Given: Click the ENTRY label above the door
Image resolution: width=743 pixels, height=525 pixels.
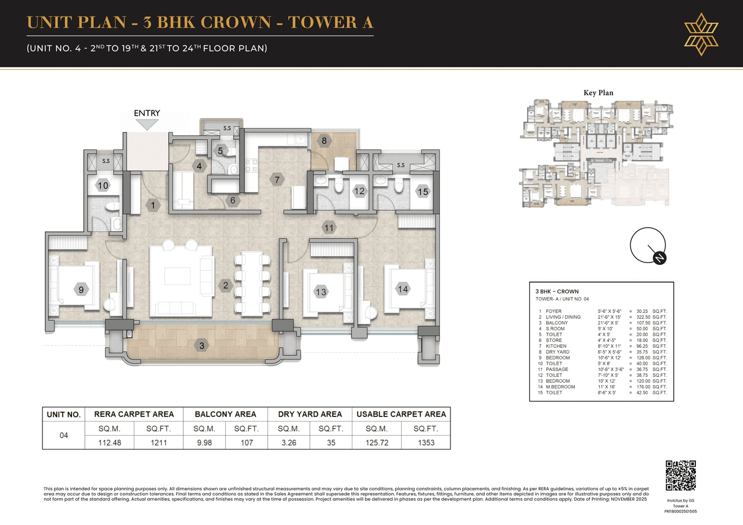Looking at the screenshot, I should pos(147,113).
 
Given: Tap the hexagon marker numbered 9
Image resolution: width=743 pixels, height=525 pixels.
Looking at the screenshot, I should pos(82,289).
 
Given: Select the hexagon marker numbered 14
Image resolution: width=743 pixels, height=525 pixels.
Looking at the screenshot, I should pos(403,289).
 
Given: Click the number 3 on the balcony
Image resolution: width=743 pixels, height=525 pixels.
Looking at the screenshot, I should pos(202,346).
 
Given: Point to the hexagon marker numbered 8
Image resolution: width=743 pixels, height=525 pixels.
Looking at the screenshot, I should pos(324,140).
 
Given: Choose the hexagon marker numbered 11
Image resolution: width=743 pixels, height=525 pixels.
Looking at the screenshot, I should pos(329,228).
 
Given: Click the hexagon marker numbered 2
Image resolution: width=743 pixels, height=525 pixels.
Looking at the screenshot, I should pos(225,285).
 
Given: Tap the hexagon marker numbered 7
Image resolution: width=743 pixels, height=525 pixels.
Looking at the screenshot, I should pos(277,180).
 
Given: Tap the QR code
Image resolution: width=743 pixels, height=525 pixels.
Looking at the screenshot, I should pos(680,476).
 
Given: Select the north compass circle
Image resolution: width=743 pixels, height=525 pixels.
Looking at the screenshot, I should pos(648,246).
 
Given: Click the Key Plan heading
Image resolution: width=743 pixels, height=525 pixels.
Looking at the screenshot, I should pos(598,93).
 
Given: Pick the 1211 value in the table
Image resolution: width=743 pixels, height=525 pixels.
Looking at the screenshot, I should pos(158,443).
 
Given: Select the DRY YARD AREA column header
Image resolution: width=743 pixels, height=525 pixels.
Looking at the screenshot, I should pos(309,414).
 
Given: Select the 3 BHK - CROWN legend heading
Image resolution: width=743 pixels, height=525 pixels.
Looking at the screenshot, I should pos(557,292).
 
